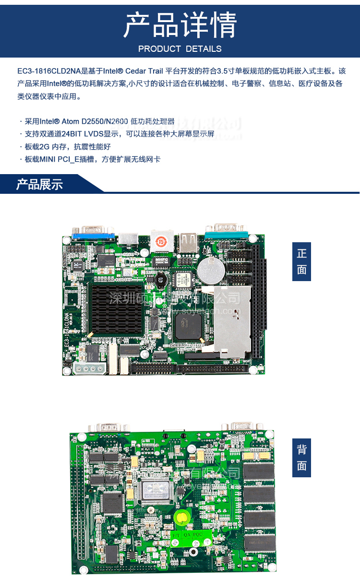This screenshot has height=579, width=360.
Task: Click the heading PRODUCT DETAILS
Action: click(x=180, y=49)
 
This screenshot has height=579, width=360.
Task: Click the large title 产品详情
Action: click(x=180, y=25)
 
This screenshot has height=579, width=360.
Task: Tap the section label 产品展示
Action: click(x=39, y=184)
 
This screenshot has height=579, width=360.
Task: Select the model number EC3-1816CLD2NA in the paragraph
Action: click(x=49, y=71)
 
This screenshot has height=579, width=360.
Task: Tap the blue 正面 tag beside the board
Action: click(x=301, y=261)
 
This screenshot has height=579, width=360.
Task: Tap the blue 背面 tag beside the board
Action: click(x=301, y=458)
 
